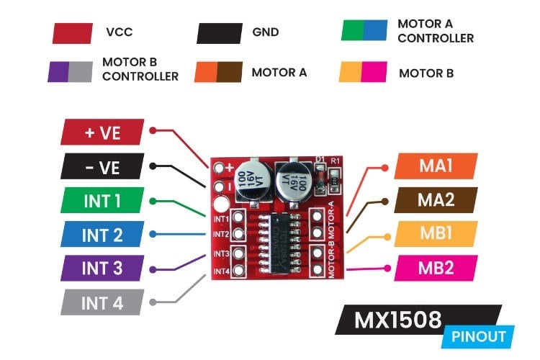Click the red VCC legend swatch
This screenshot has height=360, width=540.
point(73,33)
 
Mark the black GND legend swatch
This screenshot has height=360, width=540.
point(219,33)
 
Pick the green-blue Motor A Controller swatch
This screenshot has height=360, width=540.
point(364,30)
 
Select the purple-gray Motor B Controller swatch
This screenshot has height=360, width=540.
point(70,71)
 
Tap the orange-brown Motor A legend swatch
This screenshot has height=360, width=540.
point(218,73)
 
